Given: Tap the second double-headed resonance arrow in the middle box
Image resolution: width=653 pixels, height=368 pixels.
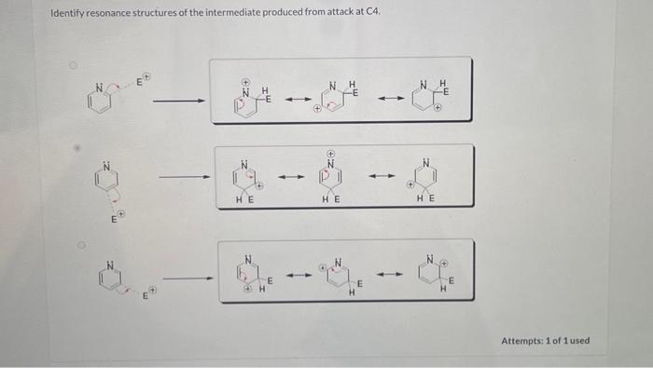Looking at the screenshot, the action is tap(382, 175).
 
